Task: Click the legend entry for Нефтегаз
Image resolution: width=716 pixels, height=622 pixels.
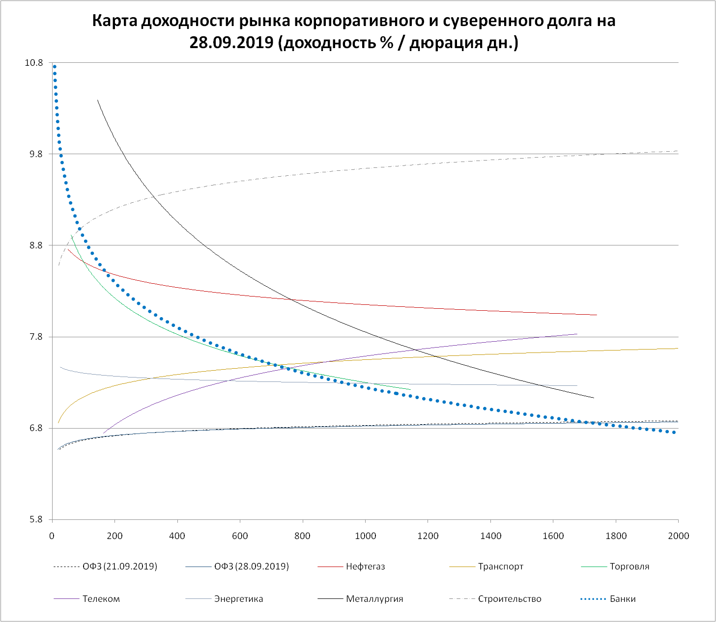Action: pyautogui.click(x=365, y=567)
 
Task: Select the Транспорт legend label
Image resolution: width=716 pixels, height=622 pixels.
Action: pyautogui.click(x=500, y=567)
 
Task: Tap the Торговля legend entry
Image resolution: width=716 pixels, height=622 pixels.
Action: pyautogui.click(x=629, y=567)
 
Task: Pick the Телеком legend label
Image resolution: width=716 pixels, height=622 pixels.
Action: pyautogui.click(x=101, y=599)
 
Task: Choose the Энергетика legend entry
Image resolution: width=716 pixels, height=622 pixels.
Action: pyautogui.click(x=238, y=599)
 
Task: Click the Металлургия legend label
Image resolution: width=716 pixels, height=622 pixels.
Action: pyautogui.click(x=374, y=599)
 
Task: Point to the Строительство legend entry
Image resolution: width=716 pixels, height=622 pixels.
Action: pyautogui.click(x=509, y=599)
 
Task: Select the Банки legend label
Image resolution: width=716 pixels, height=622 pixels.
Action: pyautogui.click(x=623, y=599)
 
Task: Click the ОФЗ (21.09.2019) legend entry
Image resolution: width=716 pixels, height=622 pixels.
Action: pyautogui.click(x=120, y=567)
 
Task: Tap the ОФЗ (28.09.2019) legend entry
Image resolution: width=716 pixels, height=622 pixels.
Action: pyautogui.click(x=251, y=567)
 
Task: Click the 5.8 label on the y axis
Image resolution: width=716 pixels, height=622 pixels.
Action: pyautogui.click(x=36, y=519)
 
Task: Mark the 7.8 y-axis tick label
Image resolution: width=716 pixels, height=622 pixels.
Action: pyautogui.click(x=36, y=337)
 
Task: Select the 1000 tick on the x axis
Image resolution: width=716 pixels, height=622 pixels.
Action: pyautogui.click(x=365, y=536)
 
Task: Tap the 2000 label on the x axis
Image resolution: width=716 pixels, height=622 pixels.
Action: pyautogui.click(x=678, y=536)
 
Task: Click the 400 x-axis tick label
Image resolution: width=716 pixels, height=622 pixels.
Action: pyautogui.click(x=177, y=536)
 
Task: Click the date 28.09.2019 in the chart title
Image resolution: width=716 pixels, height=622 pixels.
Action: pyautogui.click(x=231, y=43)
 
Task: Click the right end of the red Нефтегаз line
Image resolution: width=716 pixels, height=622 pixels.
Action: pyautogui.click(x=596, y=315)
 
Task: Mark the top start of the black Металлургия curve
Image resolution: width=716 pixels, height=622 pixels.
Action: pyautogui.click(x=97, y=100)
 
